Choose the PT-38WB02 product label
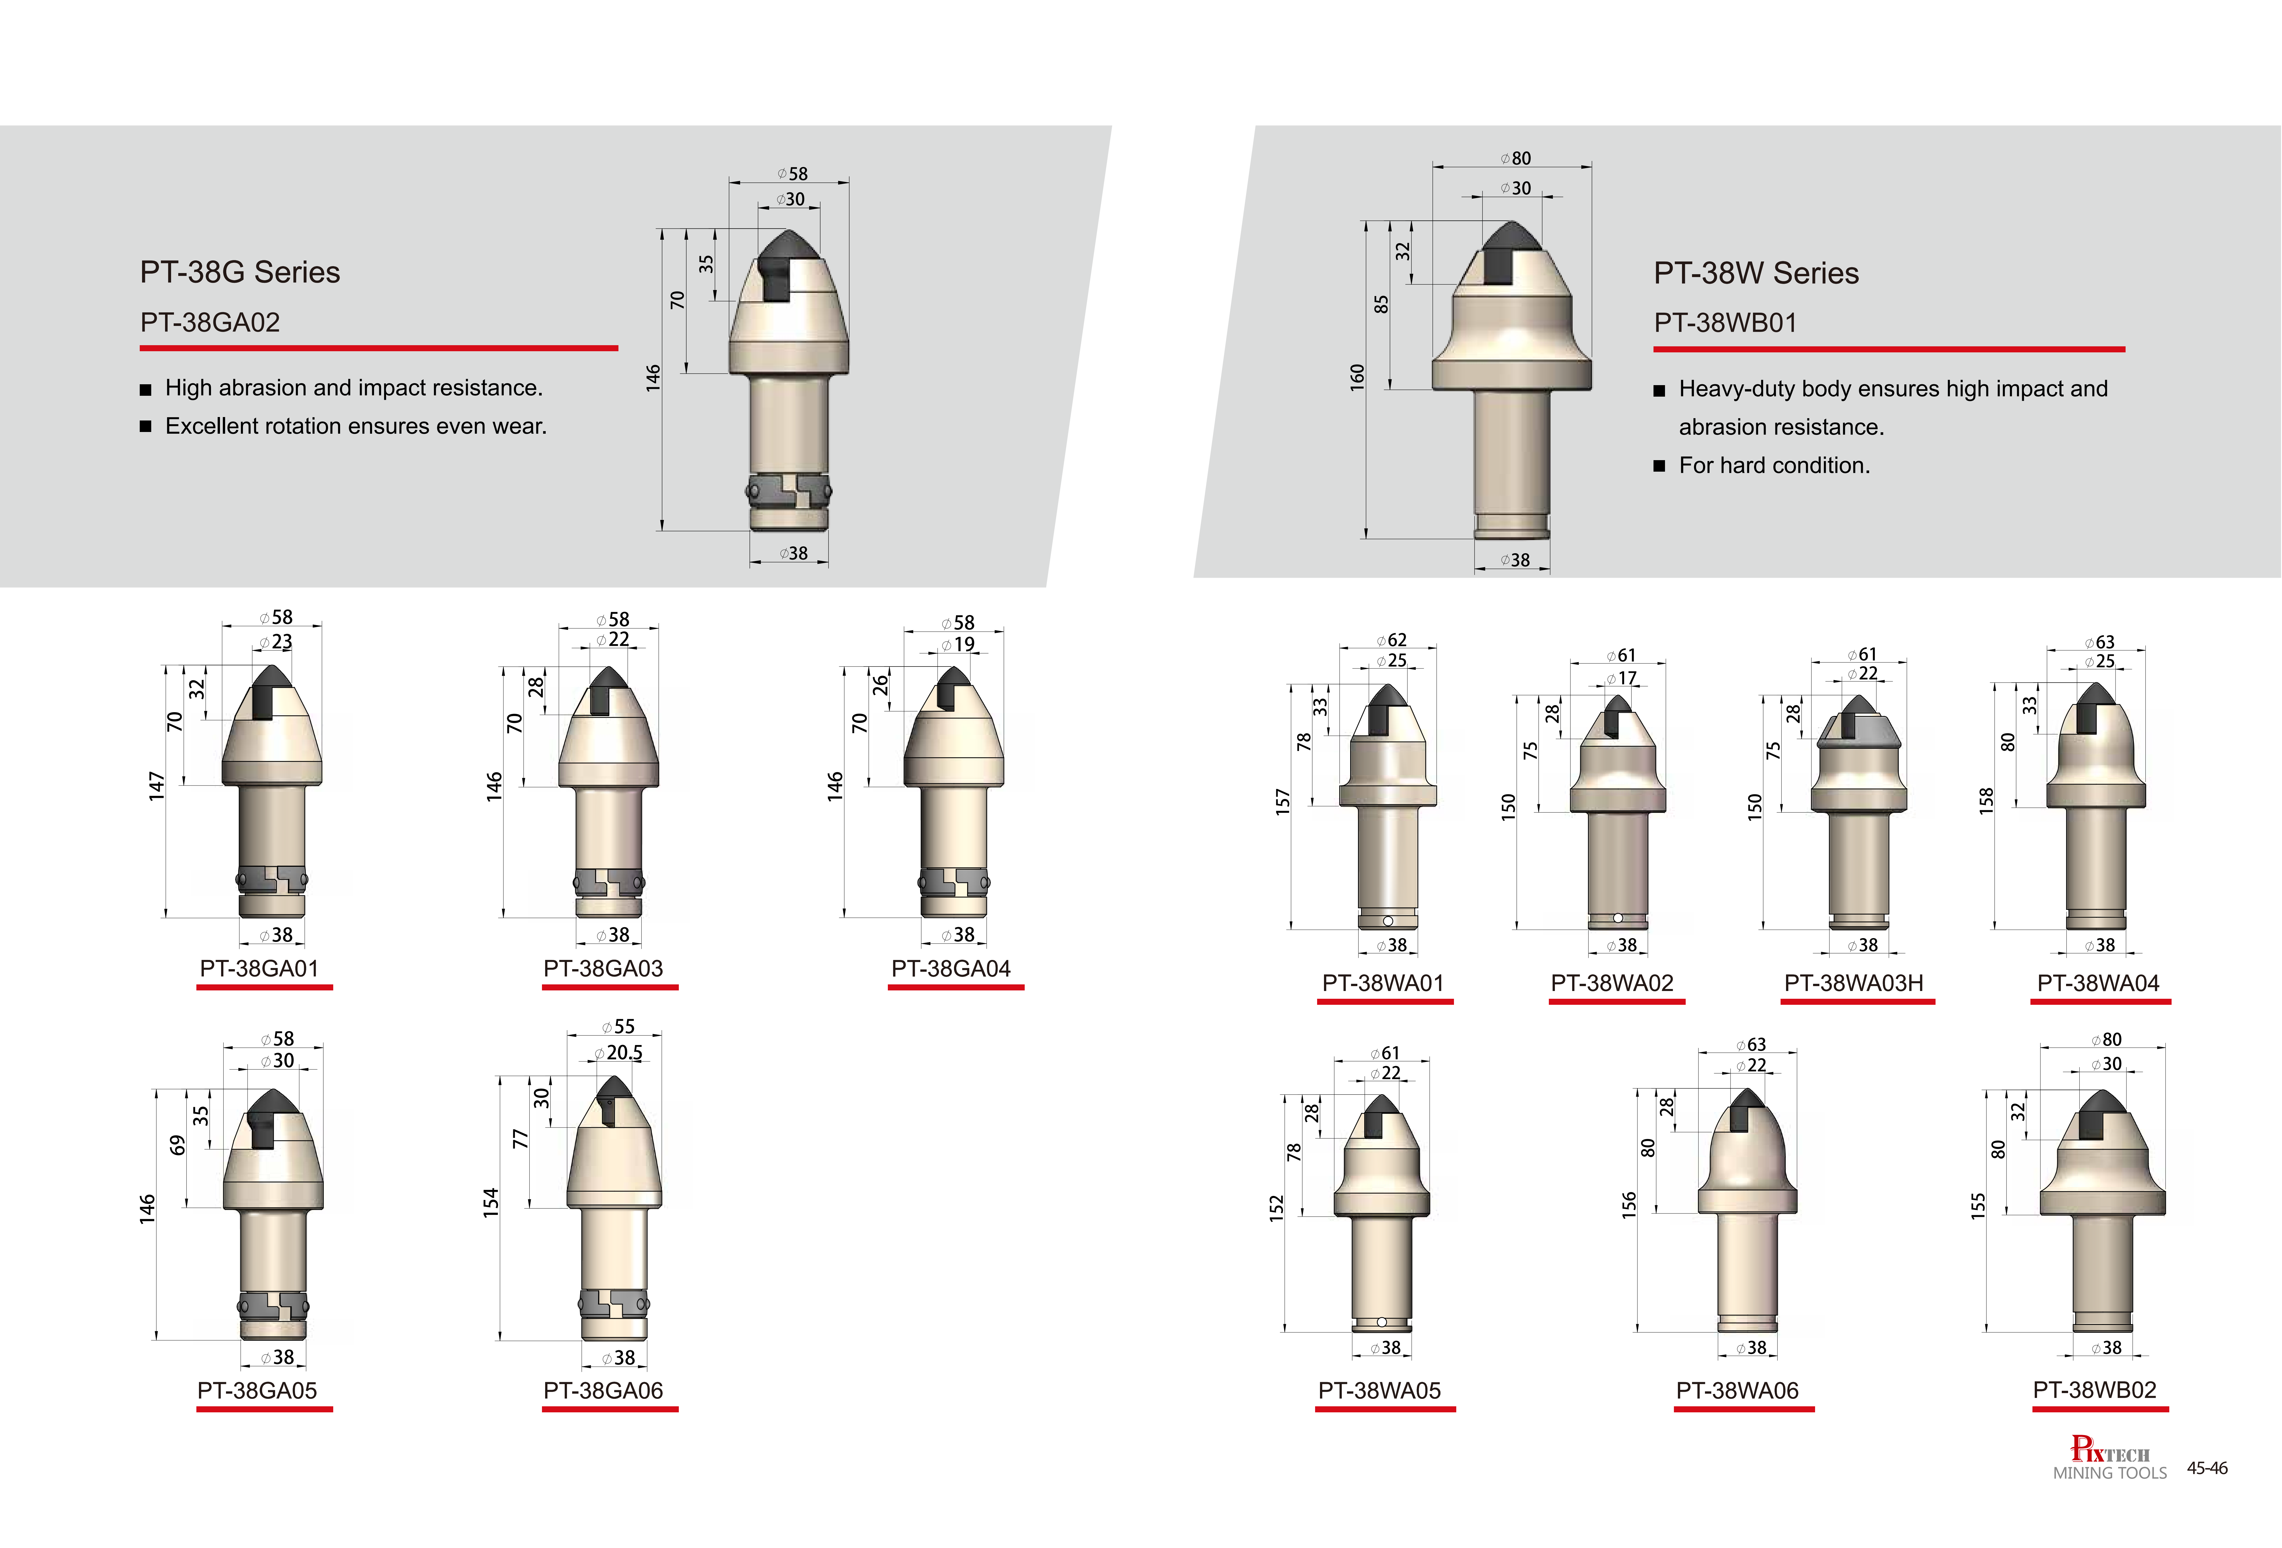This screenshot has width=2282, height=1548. coord(2095,1390)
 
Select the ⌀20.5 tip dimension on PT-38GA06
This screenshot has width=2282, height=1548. coord(619,1052)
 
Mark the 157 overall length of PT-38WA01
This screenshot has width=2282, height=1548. coord(1282,802)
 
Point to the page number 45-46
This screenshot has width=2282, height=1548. coord(2207,1468)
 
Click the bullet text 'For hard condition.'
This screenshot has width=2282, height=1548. coord(1773,465)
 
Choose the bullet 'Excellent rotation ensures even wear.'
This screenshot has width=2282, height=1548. coord(355,426)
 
